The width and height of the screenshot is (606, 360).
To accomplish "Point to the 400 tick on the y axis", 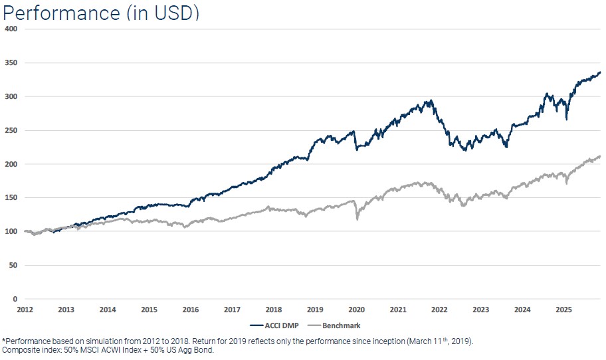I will [x=11, y=29].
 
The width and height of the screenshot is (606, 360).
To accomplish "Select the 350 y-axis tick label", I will [x=11, y=63].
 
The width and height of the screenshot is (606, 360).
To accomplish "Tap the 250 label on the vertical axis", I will [x=11, y=130].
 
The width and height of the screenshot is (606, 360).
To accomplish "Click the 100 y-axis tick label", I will [x=11, y=232].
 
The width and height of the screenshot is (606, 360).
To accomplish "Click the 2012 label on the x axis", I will [x=25, y=310].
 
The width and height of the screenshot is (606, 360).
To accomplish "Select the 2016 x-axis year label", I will [x=190, y=310].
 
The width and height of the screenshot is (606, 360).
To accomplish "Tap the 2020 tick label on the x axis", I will [x=356, y=310].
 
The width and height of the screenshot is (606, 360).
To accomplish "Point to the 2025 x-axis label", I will [x=563, y=310].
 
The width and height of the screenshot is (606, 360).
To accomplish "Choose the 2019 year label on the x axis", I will [x=315, y=310].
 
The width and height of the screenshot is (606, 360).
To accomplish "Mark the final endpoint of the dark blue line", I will [x=601, y=72].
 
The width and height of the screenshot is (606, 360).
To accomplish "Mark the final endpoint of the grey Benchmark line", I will [x=601, y=157].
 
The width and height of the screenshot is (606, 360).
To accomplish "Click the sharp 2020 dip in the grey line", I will [x=357, y=219].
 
